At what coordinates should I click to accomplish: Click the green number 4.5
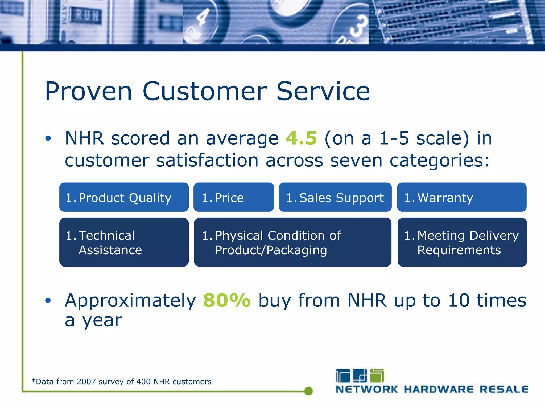301,138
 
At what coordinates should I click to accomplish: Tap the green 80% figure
227,301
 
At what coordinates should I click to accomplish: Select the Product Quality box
124,197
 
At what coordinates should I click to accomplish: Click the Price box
233,197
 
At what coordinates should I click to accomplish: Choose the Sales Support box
335,197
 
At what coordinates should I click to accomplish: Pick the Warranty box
461,197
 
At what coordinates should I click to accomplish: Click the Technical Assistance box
124,242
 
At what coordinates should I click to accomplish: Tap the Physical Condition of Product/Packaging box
292,242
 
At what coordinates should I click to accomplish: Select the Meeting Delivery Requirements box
462,242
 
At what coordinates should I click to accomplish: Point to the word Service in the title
323,91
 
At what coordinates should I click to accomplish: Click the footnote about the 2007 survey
122,382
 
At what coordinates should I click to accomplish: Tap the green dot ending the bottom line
308,391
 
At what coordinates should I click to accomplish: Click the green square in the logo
377,376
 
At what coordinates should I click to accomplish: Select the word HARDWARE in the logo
439,389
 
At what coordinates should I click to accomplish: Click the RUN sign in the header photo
86,16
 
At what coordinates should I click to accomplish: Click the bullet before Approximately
48,301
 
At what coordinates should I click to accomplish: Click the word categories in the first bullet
439,161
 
